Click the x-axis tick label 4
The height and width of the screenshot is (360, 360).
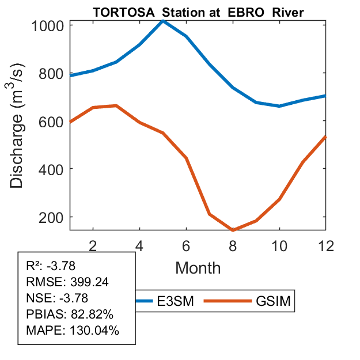139,245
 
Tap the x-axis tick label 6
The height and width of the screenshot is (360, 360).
186,245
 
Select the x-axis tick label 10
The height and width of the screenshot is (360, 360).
279,245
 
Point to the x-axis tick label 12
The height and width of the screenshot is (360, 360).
325,245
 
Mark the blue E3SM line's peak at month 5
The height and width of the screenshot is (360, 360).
163,21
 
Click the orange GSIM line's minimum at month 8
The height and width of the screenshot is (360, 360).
233,230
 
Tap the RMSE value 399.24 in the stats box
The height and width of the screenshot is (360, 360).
90,282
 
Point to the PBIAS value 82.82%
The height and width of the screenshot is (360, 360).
92,314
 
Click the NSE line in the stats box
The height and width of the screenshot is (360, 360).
52,298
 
